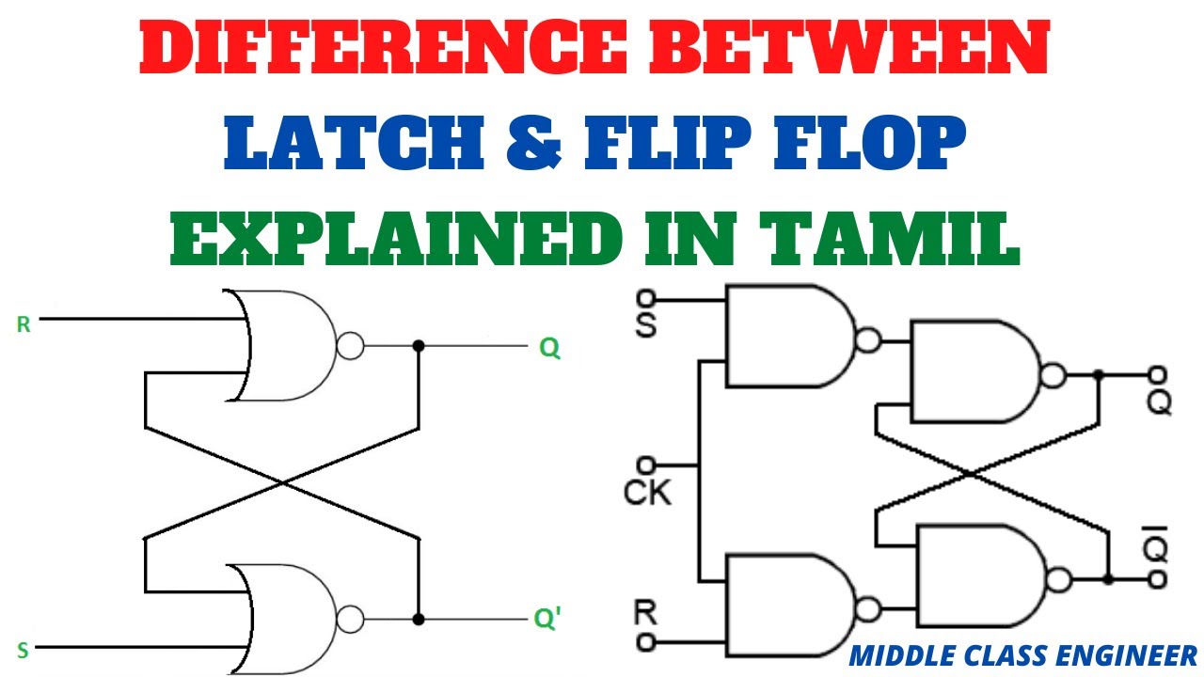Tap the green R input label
[x=23, y=325]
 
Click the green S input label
[x=23, y=650]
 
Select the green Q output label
[x=549, y=349]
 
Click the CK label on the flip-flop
[x=647, y=492]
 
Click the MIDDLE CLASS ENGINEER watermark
[x=1022, y=654]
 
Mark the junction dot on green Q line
[x=420, y=346]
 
